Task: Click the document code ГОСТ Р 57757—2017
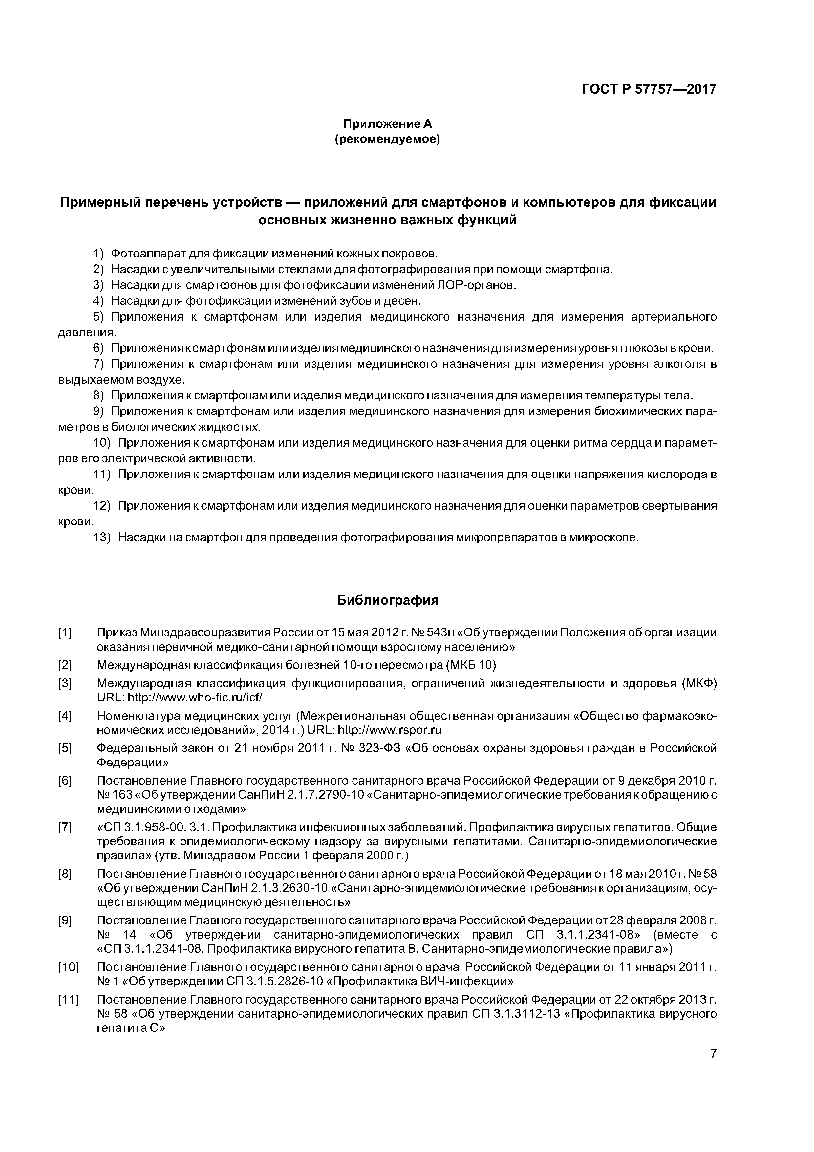pos(649,89)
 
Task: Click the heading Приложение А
pos(387,123)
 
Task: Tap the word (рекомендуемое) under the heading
pos(387,140)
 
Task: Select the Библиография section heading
pos(387,600)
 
